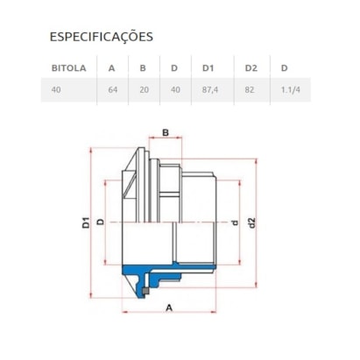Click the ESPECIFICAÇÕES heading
[x=101, y=37]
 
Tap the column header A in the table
[x=110, y=67]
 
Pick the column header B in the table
[x=142, y=67]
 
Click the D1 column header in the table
[x=208, y=67]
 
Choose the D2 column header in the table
[x=251, y=67]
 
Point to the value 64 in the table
[x=111, y=89]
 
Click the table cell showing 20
[x=143, y=89]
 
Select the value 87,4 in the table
[x=211, y=89]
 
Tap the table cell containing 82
[x=251, y=89]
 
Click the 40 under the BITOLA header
[x=57, y=89]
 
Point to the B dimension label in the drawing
[x=164, y=132]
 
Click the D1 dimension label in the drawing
[x=87, y=222]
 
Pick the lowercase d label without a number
[x=234, y=222]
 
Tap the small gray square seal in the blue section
[x=145, y=283]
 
